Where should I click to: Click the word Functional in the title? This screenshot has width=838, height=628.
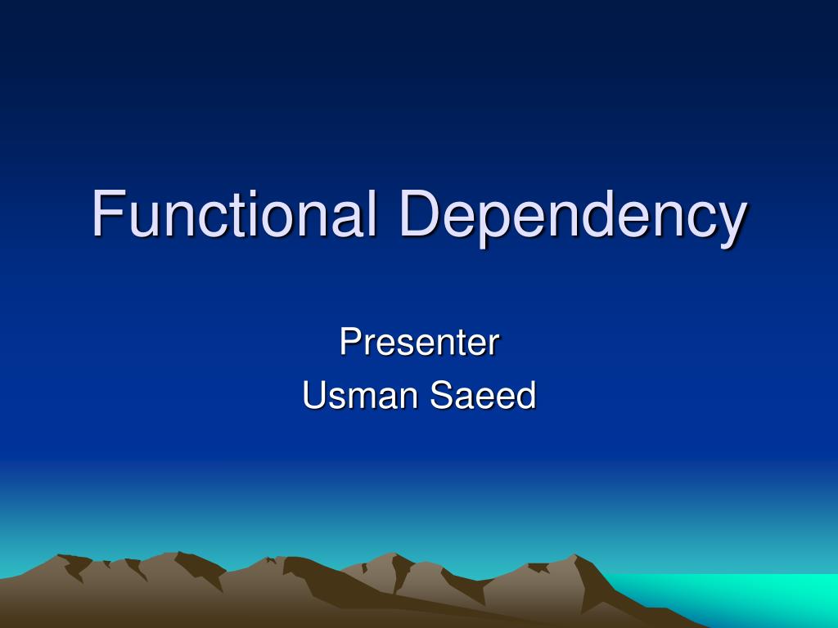(234, 213)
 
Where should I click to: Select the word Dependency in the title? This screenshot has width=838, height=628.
(573, 218)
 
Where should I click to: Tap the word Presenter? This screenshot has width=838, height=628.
(420, 342)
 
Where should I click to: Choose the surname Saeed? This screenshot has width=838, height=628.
(483, 395)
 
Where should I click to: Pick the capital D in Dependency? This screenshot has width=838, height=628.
(420, 213)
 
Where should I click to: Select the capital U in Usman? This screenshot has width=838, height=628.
(314, 395)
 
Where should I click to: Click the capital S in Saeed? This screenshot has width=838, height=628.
(442, 395)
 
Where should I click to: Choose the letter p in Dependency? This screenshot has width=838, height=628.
(494, 224)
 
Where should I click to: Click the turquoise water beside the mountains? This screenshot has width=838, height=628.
(748, 598)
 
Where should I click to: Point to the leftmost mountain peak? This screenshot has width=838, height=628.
(58, 555)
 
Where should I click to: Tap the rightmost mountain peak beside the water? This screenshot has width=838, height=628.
(575, 555)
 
